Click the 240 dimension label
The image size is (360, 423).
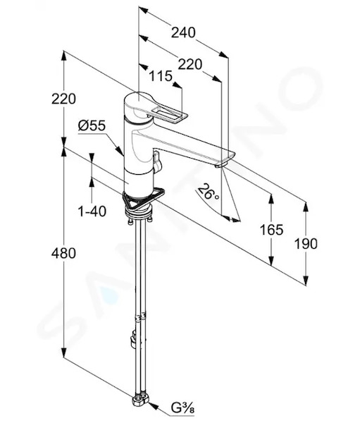click(183, 32)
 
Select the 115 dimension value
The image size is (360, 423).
click(161, 76)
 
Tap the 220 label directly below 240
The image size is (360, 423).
click(190, 64)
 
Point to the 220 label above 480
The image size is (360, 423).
click(63, 99)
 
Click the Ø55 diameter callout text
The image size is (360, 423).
click(92, 125)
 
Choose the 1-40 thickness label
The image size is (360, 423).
click(92, 211)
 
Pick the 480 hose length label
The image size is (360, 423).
click(63, 253)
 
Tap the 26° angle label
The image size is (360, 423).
click(208, 192)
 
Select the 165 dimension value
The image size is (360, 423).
click(271, 230)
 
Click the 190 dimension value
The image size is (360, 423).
click(306, 244)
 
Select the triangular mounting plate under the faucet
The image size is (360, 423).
click(143, 200)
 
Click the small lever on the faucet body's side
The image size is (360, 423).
click(157, 161)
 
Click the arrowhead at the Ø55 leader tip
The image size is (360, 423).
click(120, 151)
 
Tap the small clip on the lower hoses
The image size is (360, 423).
click(134, 341)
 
